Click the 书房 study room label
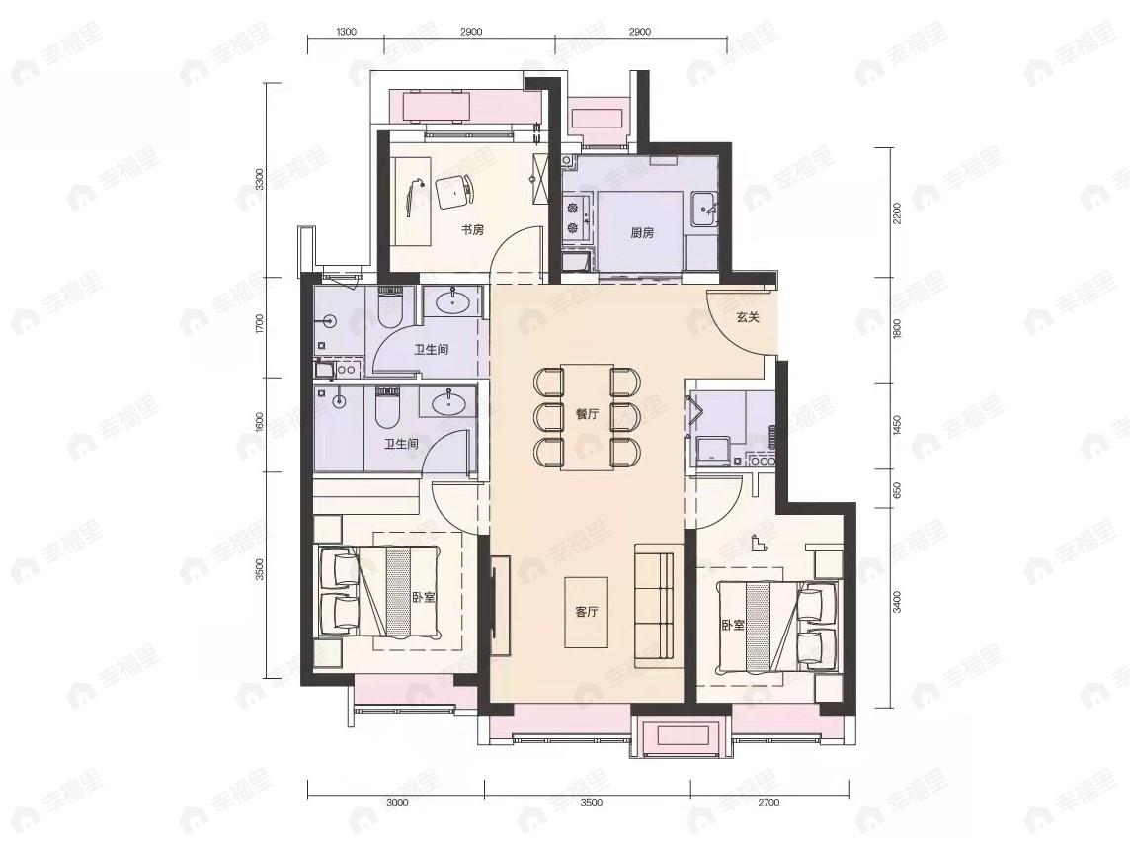[472, 230]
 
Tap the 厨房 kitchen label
[642, 234]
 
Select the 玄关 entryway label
[747, 317]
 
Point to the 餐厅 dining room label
[588, 415]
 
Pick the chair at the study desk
[453, 191]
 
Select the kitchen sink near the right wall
[705, 207]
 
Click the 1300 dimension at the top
[346, 32]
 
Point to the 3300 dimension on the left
[259, 180]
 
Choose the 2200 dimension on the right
[897, 212]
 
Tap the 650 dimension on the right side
[897, 490]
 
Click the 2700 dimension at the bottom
[768, 803]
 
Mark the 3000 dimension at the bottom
[396, 803]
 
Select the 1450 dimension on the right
[897, 425]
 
